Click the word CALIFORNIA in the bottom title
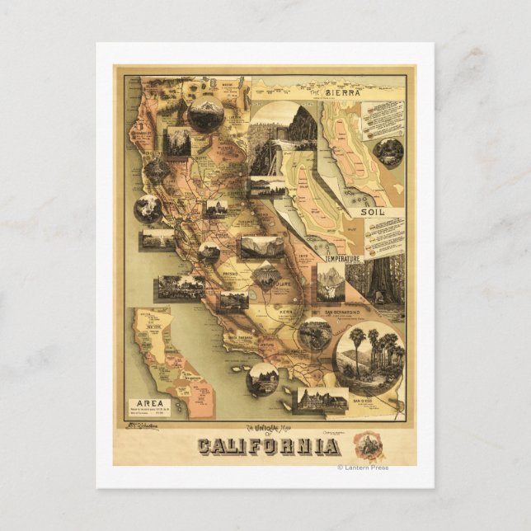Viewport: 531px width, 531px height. point(268,447)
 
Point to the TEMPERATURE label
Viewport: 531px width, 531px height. point(342,259)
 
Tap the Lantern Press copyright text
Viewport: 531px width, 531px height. point(362,468)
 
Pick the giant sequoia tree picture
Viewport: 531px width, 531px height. point(385,285)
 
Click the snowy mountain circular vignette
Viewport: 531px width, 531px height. point(205,113)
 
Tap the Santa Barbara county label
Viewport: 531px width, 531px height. point(245,337)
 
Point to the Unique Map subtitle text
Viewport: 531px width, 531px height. point(267,427)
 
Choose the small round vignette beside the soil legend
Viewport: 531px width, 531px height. point(389,152)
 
